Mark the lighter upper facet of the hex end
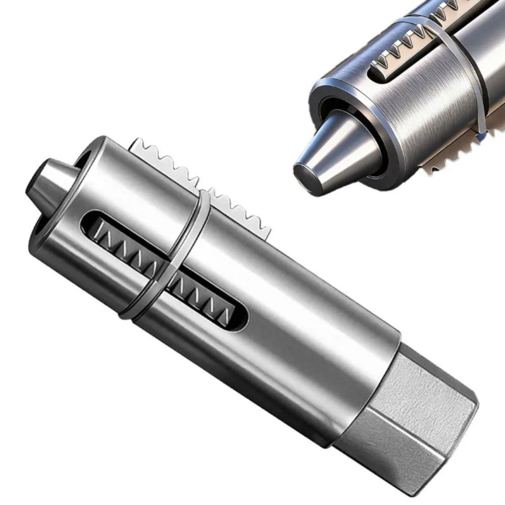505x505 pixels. (424, 374)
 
